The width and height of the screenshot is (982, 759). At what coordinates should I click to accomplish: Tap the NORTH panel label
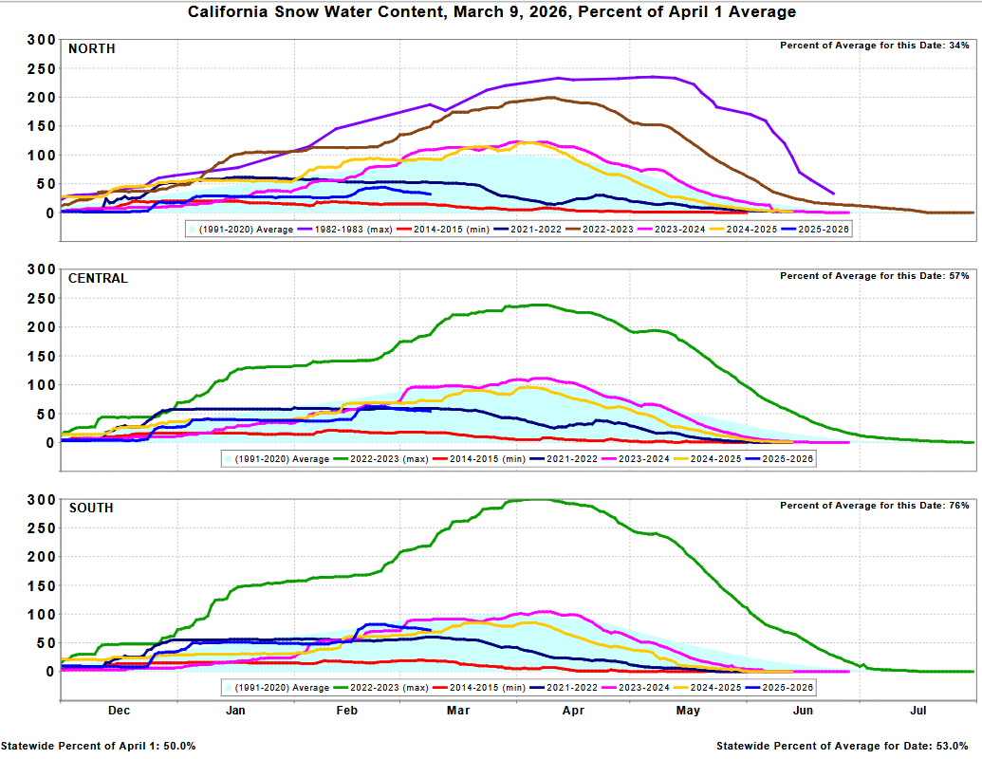91,48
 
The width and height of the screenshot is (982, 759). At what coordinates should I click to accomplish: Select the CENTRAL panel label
98,279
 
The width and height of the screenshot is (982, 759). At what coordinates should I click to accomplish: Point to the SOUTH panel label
91,508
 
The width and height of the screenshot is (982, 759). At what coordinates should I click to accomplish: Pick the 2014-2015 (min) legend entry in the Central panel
479,459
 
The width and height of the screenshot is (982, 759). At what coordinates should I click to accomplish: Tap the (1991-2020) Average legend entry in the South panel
276,688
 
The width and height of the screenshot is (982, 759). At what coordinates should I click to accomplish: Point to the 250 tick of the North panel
42,69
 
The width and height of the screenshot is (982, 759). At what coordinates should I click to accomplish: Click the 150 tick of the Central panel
42,357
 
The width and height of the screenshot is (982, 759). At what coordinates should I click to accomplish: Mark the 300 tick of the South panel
42,500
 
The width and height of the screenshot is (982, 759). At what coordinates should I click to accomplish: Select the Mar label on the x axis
458,711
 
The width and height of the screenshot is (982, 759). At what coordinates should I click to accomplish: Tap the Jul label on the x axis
918,711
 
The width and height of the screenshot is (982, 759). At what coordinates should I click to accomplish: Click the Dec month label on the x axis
119,711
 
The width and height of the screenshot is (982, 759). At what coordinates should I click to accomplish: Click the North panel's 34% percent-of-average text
874,46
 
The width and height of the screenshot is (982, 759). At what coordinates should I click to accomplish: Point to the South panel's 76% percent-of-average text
874,506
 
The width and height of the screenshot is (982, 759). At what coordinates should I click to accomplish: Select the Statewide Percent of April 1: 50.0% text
99,746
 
